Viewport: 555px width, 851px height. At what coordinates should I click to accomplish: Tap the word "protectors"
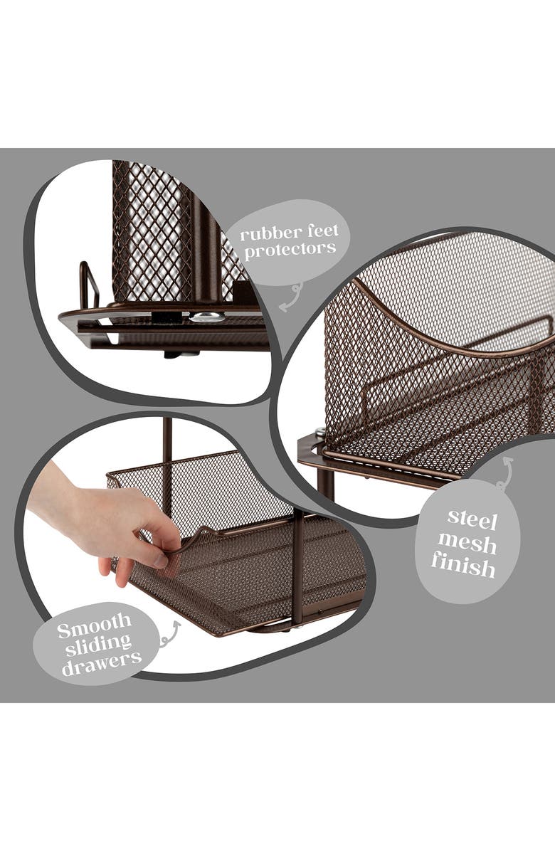290,250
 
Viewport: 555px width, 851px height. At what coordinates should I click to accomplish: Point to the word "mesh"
467,543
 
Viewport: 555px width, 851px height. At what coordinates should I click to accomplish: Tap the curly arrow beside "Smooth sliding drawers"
169,635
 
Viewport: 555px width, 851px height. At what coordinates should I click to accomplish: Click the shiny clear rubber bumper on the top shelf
206,317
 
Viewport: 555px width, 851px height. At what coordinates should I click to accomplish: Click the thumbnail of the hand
162,560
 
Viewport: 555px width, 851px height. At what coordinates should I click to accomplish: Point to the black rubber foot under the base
172,354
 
